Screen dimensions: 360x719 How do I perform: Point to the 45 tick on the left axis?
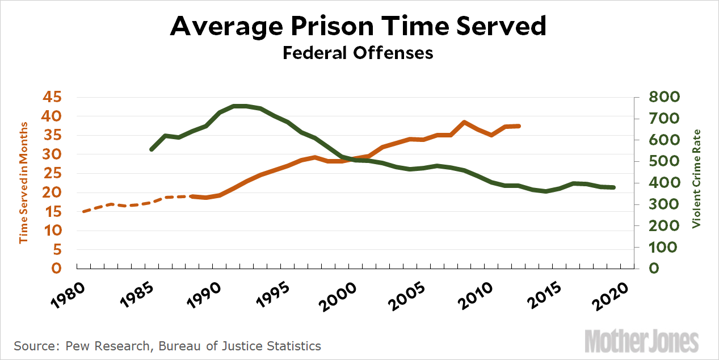tap(52, 97)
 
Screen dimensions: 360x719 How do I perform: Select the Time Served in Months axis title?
tap(24, 182)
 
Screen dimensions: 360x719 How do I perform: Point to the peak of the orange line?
tap(464, 122)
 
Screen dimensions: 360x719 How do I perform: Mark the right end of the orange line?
tap(519, 126)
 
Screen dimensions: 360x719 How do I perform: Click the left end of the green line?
tap(151, 149)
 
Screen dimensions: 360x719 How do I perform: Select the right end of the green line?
tap(614, 187)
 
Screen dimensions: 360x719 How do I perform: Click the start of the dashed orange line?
tap(83, 212)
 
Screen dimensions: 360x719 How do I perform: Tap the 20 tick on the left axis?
tap(52, 192)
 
